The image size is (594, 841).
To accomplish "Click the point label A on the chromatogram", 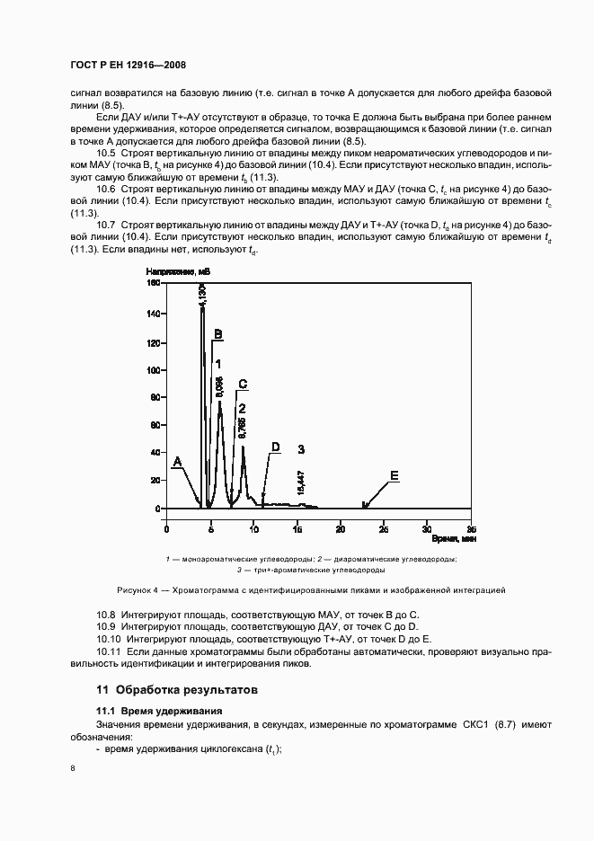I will (177, 461).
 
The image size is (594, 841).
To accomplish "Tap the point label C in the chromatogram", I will (242, 384).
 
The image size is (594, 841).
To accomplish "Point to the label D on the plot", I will (276, 447).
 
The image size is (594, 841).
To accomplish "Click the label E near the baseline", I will (394, 475).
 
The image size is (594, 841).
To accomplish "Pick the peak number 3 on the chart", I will (302, 448).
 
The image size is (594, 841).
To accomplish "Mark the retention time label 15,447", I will (301, 482).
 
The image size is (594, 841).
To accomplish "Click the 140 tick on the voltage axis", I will (152, 314).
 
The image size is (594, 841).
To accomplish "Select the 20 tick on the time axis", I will (341, 528).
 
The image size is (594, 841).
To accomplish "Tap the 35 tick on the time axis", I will (470, 528).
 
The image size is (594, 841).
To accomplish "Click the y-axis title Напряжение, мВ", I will (172, 270).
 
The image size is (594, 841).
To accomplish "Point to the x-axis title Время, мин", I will (453, 539).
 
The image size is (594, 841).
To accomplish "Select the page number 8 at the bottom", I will (73, 768).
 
